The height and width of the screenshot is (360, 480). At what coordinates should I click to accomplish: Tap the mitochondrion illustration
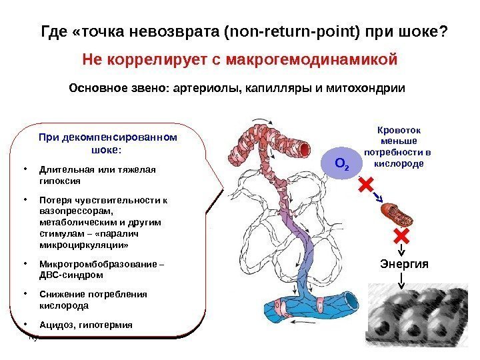coord(397,213)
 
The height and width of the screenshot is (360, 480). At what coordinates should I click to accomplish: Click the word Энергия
coord(401,264)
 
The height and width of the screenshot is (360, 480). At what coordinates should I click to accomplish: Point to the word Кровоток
coord(400,131)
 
